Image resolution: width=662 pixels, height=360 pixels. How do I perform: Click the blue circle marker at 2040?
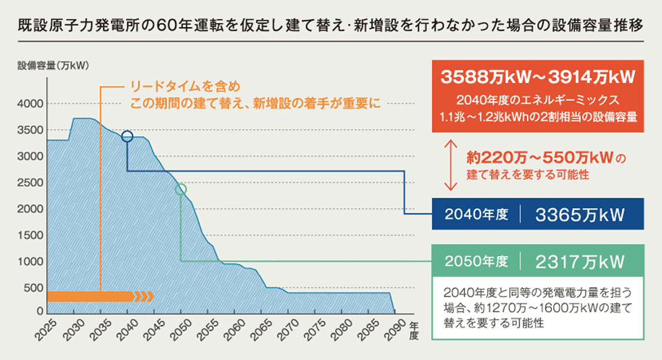127,137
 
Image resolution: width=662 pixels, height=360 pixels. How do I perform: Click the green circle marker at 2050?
180,190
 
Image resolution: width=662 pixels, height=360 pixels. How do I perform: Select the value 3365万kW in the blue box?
578,215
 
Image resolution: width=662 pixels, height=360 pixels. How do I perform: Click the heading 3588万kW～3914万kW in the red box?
538,76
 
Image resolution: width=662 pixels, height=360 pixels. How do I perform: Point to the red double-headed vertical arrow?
447,165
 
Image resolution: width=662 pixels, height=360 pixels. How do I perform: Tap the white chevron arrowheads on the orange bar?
145,296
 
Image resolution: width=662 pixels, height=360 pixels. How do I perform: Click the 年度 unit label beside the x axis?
414,330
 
